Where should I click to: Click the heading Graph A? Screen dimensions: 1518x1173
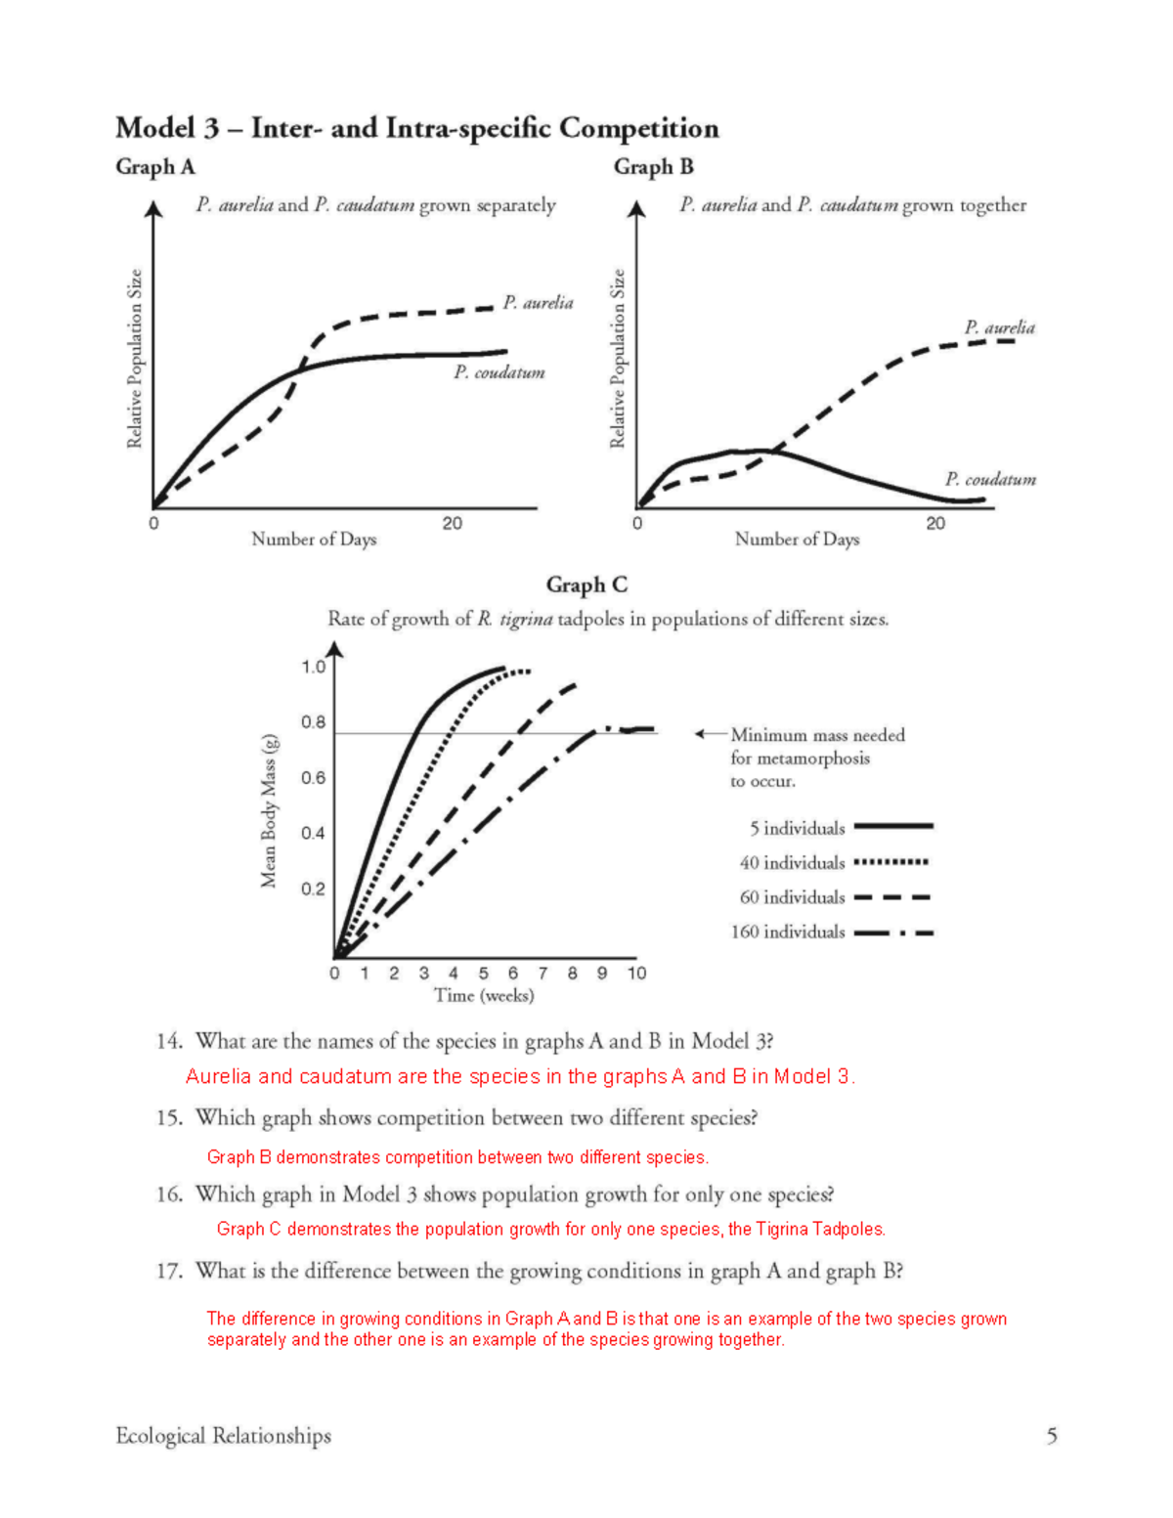pyautogui.click(x=154, y=167)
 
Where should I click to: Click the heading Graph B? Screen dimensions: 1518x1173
pyautogui.click(x=653, y=167)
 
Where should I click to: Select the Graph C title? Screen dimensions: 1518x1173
pyautogui.click(x=586, y=585)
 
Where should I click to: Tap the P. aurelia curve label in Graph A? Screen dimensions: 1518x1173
pyautogui.click(x=538, y=303)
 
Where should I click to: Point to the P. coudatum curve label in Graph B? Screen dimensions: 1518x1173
pyautogui.click(x=990, y=479)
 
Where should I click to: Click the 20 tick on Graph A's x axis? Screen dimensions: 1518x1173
pyautogui.click(x=452, y=524)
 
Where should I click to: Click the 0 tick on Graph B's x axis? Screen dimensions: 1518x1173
pyautogui.click(x=637, y=524)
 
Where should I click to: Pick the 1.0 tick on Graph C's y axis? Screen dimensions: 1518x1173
pyautogui.click(x=313, y=667)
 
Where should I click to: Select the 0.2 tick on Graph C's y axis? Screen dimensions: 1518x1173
pyautogui.click(x=313, y=889)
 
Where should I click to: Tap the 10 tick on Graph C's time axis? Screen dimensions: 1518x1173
pyautogui.click(x=636, y=973)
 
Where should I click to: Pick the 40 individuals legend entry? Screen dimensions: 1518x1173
pyautogui.click(x=833, y=862)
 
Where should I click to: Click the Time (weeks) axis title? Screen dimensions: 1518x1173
pyautogui.click(x=484, y=995)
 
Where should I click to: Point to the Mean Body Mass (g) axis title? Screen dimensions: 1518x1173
pyautogui.click(x=269, y=811)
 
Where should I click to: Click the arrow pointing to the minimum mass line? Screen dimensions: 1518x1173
pyautogui.click(x=710, y=734)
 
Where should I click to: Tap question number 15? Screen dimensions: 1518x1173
pyautogui.click(x=169, y=1117)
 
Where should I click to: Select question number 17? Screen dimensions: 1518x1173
pyautogui.click(x=169, y=1271)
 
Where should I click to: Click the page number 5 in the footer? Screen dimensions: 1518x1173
pyautogui.click(x=1052, y=1435)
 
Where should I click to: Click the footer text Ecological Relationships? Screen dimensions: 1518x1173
pyautogui.click(x=223, y=1435)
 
